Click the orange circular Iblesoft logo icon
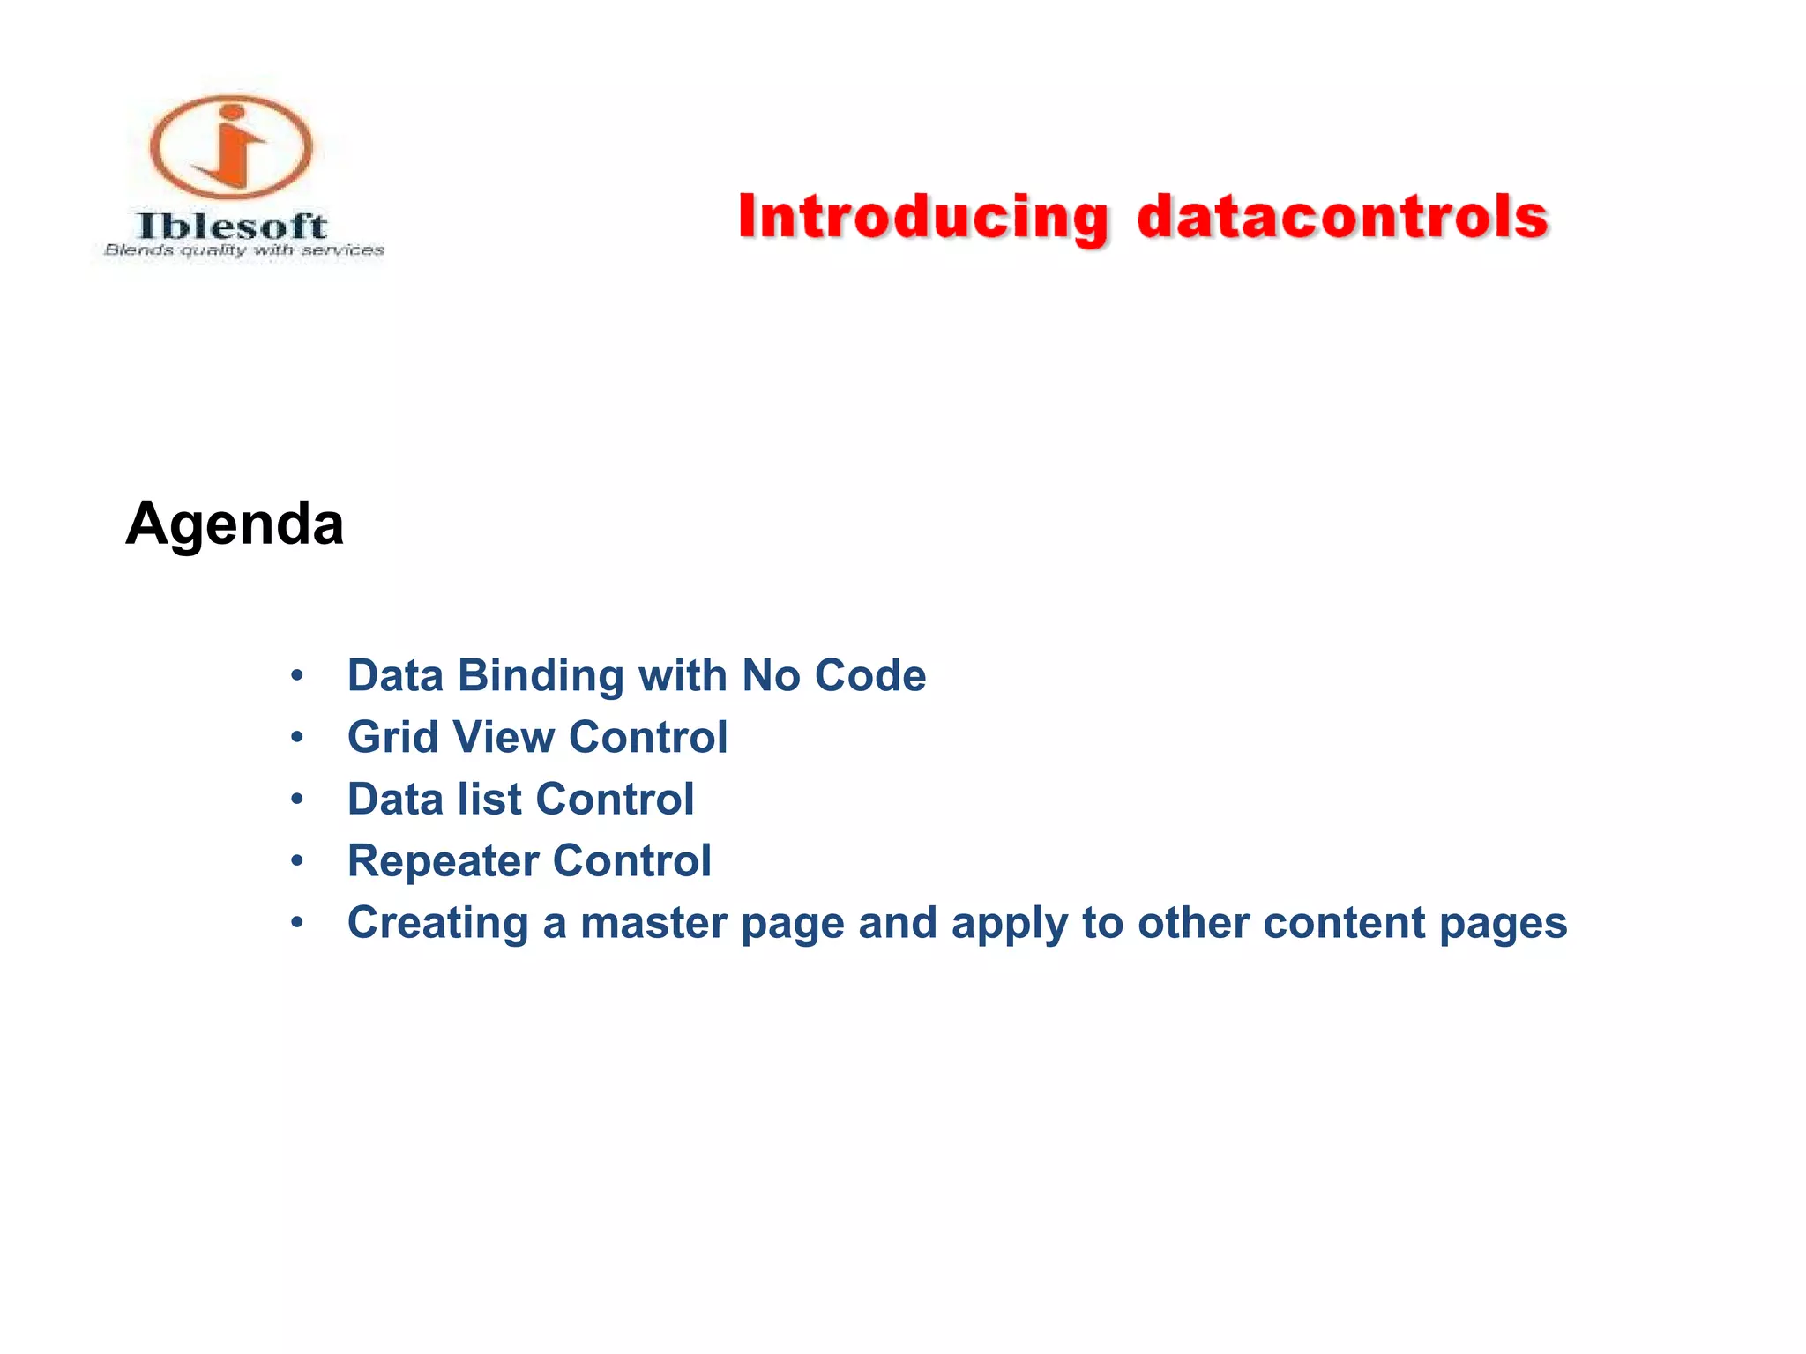[231, 146]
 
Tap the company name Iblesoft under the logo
[233, 227]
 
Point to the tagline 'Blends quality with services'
[244, 250]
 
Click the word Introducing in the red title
[922, 218]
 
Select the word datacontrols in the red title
[1342, 218]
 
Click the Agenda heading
[235, 524]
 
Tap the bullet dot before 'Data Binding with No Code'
[297, 676]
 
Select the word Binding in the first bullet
[541, 676]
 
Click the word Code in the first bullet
[869, 676]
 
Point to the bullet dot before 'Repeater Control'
[297, 861]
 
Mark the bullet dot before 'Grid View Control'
[297, 738]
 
